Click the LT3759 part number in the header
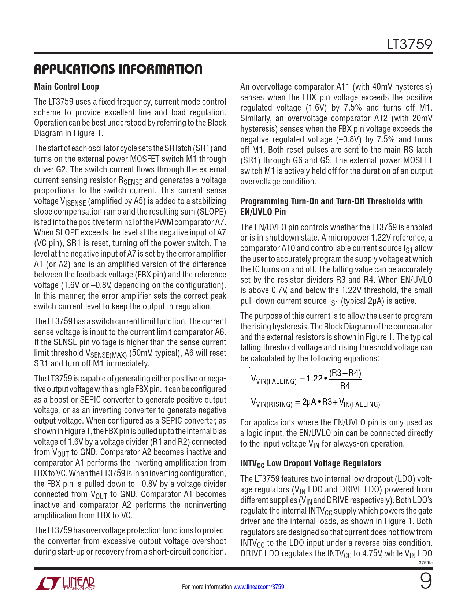[409, 44]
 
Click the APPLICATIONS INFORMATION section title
[118, 69]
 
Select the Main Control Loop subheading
[66, 87]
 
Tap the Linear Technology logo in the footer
[64, 584]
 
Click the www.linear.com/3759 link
[259, 587]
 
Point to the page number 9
[426, 581]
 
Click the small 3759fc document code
[425, 563]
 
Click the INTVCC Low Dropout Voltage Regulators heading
[311, 463]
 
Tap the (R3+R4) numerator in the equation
[345, 373]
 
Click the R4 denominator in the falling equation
[345, 386]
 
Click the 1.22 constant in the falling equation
[314, 379]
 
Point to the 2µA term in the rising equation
[309, 402]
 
